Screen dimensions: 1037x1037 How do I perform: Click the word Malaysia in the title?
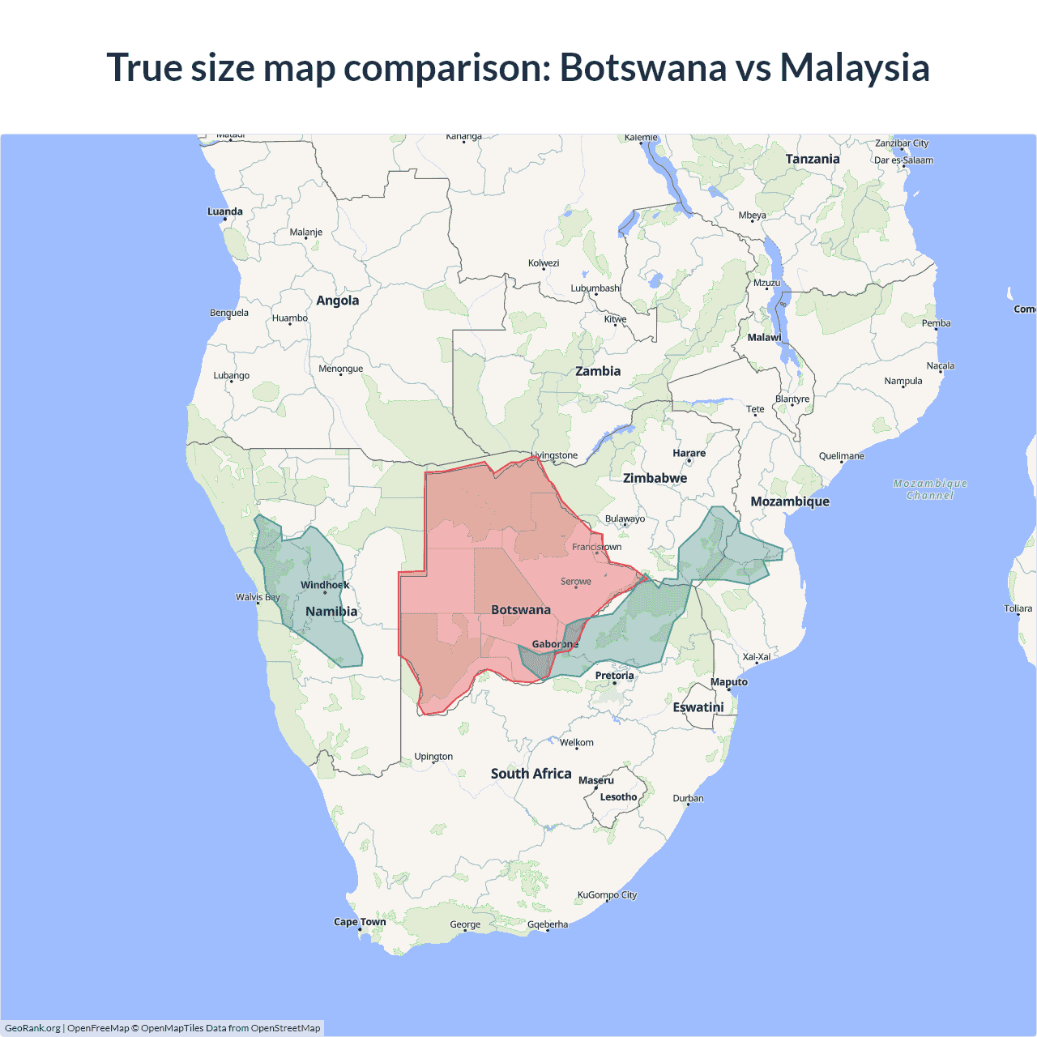click(x=854, y=67)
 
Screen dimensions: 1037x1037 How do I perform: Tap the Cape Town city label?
click(x=360, y=922)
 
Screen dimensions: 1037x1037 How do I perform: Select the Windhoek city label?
click(x=325, y=585)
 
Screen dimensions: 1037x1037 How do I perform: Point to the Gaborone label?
click(x=555, y=644)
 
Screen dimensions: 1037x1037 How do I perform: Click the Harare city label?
click(x=689, y=454)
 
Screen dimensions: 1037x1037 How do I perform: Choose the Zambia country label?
click(x=598, y=371)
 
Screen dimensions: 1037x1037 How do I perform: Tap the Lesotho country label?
click(x=618, y=797)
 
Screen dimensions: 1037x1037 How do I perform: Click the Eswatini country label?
click(x=698, y=707)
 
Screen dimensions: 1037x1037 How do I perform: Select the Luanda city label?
click(x=224, y=211)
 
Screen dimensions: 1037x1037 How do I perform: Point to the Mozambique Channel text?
click(x=930, y=489)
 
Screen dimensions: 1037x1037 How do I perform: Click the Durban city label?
click(x=688, y=799)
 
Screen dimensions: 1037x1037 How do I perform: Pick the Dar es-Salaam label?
click(x=903, y=160)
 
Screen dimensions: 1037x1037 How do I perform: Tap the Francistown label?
click(x=596, y=547)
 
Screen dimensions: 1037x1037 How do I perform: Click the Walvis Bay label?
click(x=258, y=597)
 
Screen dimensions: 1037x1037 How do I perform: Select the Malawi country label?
click(x=764, y=338)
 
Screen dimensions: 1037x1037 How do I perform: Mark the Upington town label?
click(x=433, y=757)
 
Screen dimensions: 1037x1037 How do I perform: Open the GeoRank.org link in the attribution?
click(x=32, y=1028)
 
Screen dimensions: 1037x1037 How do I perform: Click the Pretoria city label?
click(x=614, y=676)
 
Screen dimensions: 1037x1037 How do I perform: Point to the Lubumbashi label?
click(x=595, y=288)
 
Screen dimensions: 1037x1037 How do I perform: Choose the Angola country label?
click(x=337, y=301)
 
